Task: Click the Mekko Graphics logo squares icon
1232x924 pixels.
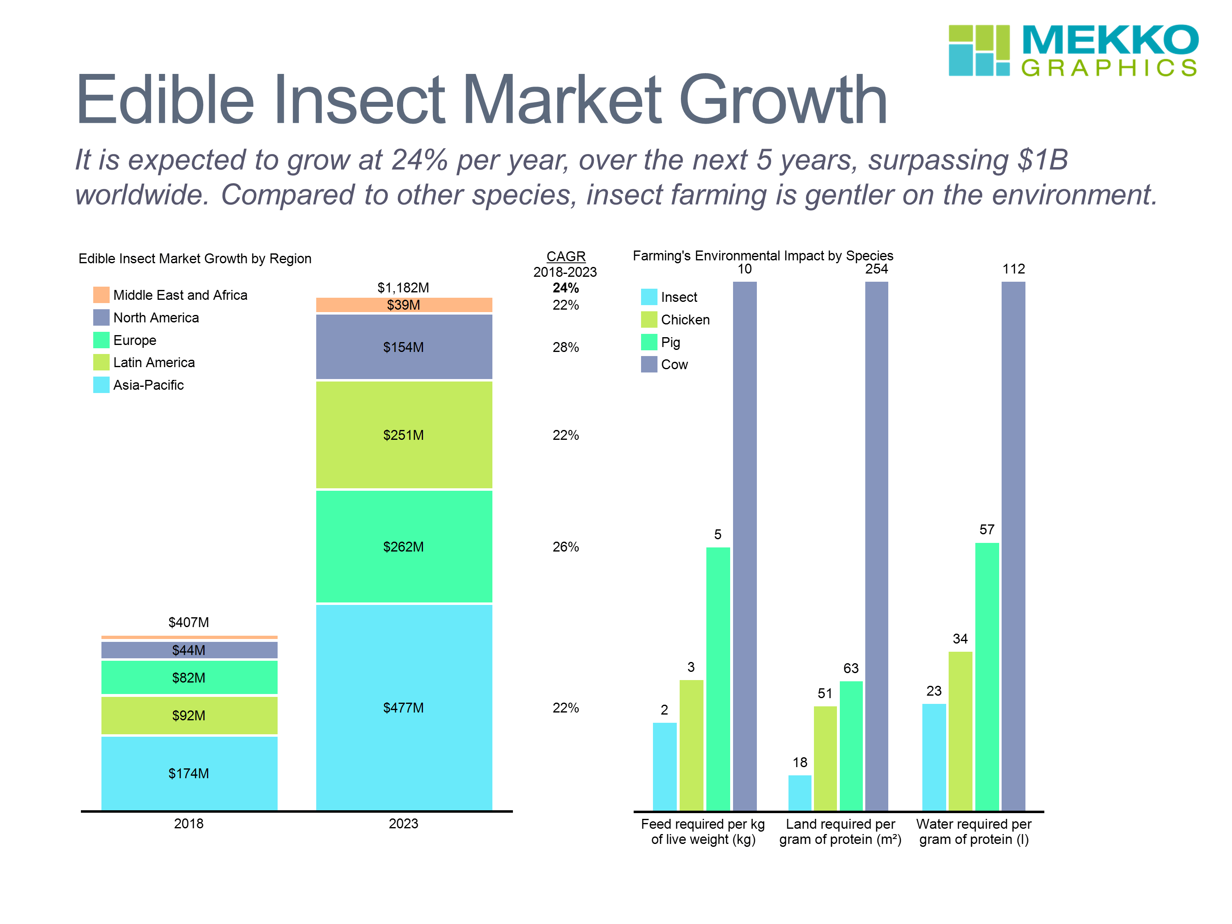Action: tap(979, 50)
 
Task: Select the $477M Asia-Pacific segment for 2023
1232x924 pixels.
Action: tap(404, 707)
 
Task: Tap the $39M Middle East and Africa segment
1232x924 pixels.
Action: tap(404, 305)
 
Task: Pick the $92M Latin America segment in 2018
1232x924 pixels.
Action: tap(189, 715)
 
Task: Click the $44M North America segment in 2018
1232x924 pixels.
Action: tap(189, 650)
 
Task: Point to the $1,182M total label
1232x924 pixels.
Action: tap(403, 287)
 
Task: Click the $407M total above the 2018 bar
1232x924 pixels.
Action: tap(189, 622)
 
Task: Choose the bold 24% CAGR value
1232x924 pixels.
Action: tap(565, 288)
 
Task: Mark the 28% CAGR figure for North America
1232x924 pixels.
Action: tap(565, 347)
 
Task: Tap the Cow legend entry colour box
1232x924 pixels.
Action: tap(649, 364)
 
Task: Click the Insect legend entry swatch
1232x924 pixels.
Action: tap(649, 297)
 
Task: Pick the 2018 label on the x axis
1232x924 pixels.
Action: tap(189, 823)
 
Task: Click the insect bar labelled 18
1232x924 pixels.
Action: tap(800, 793)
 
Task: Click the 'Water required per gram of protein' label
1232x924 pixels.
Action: tap(974, 832)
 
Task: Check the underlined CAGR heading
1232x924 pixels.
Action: tap(566, 256)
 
